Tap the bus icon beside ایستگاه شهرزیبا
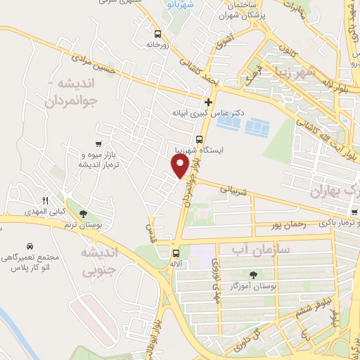(199, 139)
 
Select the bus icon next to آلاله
(175, 253)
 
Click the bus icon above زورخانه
(157, 33)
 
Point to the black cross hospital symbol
(208, 102)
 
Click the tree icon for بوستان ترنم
(84, 213)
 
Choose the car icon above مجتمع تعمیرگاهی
(30, 247)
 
